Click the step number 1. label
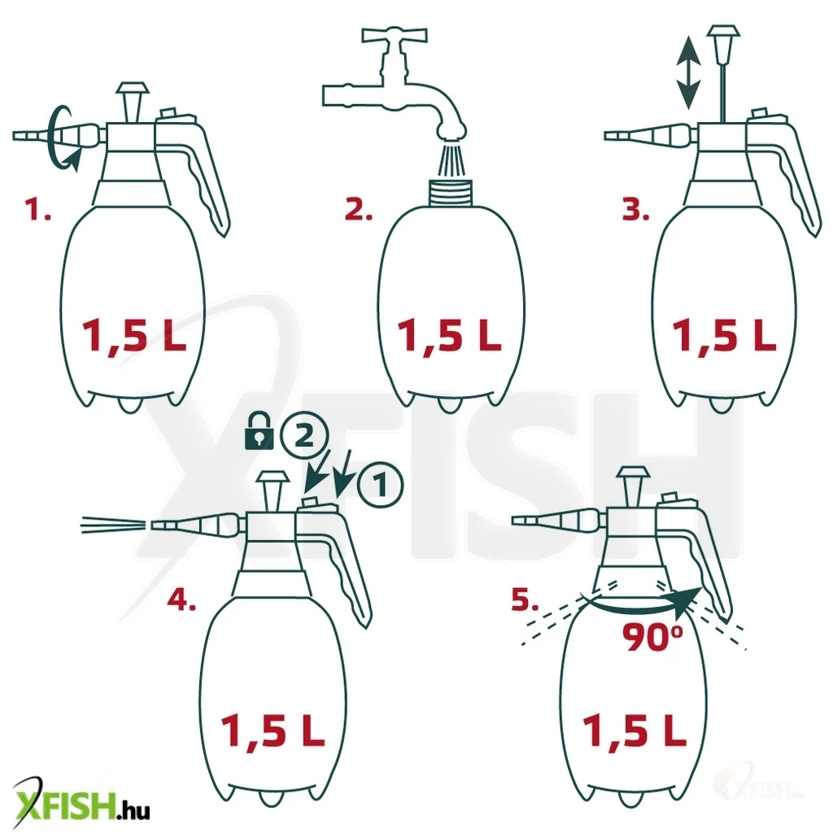(x=39, y=209)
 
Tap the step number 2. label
(x=359, y=209)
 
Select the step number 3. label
(x=636, y=209)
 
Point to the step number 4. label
(x=181, y=599)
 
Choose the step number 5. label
(x=525, y=599)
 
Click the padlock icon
(x=259, y=433)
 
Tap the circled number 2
(x=304, y=437)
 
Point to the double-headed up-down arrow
(x=688, y=73)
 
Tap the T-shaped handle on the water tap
(x=395, y=36)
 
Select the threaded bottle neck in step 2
(x=451, y=193)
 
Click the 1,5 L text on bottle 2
(x=449, y=337)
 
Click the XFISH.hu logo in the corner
(x=81, y=807)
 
